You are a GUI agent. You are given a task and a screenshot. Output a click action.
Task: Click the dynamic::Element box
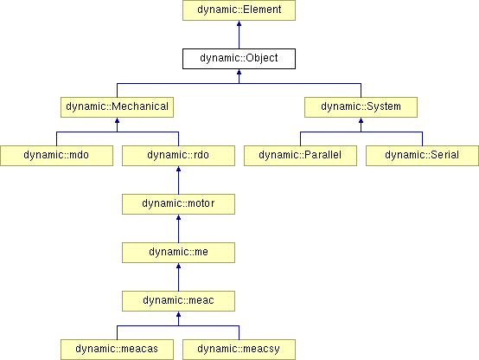pos(239,10)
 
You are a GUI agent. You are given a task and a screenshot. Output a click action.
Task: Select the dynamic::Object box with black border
pos(239,59)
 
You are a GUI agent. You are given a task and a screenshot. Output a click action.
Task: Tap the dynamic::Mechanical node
pos(117,107)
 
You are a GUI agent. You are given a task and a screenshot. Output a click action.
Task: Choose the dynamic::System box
pos(361,107)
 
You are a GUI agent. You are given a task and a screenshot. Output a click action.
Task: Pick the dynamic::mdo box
pos(56,156)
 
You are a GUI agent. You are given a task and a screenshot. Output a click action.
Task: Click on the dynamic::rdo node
pos(178,156)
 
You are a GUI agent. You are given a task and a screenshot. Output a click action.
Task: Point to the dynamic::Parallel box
pos(300,156)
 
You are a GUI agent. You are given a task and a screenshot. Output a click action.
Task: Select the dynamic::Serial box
pos(422,156)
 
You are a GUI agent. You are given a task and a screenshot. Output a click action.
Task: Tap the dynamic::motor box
pos(178,204)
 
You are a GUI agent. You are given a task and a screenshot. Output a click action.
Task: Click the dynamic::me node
pos(178,253)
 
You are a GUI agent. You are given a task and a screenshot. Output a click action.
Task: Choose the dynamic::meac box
pos(178,301)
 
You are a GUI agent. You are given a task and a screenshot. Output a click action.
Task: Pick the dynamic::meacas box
pos(117,350)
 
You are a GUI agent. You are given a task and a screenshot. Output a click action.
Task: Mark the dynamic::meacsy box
pos(239,350)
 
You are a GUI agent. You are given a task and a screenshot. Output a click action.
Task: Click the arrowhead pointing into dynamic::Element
pos(239,23)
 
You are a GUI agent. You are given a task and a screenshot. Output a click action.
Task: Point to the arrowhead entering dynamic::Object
pos(239,72)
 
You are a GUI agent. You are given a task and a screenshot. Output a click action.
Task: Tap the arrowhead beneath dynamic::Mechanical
pos(117,120)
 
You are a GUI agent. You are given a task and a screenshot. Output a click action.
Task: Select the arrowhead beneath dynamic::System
pos(361,120)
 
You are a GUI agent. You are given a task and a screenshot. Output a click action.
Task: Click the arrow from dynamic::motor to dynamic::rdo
pos(178,180)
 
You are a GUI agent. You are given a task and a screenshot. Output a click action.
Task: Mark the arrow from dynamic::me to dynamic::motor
pos(178,228)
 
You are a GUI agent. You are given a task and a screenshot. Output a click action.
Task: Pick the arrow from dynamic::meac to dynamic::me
pos(178,277)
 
